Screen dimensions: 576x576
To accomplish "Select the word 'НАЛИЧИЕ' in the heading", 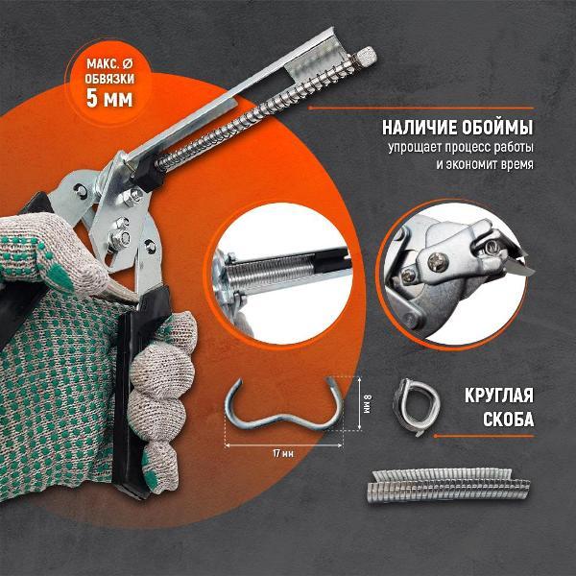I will tap(419, 127).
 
